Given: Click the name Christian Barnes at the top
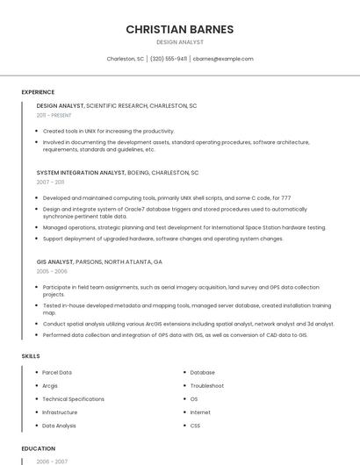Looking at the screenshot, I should (179, 29).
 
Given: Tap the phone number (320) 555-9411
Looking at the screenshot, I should (169, 59).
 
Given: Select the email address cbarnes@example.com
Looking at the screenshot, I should (223, 59).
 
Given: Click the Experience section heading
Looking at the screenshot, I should (38, 92).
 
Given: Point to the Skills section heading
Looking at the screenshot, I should (31, 356).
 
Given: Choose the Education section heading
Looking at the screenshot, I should (39, 447).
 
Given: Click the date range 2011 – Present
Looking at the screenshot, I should (54, 115).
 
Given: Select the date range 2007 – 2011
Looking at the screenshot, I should (50, 182).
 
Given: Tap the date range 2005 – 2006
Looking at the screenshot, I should (51, 272).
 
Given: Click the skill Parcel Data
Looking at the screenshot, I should (57, 373).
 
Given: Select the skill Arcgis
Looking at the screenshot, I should (50, 386).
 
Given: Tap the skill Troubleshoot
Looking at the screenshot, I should (207, 386).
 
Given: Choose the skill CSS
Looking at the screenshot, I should (195, 426).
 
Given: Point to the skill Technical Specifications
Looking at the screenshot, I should (73, 399).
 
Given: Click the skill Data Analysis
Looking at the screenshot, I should (59, 426).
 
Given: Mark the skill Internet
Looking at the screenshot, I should (200, 412).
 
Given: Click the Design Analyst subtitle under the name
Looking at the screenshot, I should (179, 42).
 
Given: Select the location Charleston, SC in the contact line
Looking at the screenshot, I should (125, 59).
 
